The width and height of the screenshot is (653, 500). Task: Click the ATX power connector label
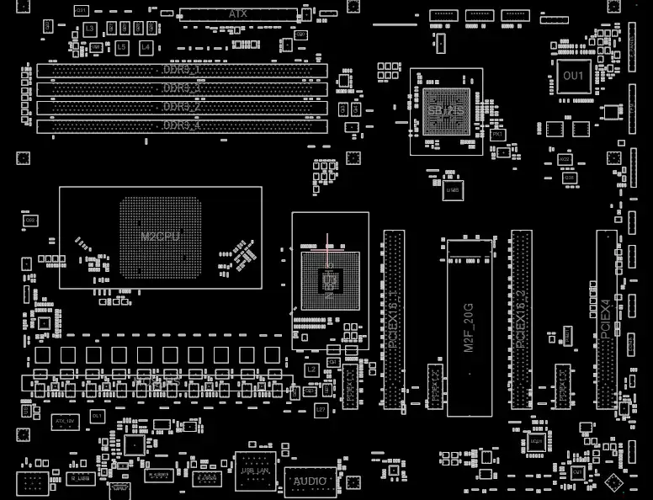238,14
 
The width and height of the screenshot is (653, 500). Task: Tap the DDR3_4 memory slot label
181,125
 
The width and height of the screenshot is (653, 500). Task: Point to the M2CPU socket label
160,237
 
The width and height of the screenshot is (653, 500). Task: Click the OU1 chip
572,76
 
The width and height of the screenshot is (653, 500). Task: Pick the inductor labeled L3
90,29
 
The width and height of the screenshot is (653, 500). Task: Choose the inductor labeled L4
146,47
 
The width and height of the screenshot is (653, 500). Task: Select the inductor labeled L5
121,47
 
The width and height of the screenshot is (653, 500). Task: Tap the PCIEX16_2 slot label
522,320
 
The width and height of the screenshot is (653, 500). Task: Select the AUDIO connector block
310,481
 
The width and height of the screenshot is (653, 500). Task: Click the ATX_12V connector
65,419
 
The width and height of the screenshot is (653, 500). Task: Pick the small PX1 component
497,135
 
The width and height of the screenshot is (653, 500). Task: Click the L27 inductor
321,410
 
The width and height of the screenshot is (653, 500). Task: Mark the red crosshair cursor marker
326,248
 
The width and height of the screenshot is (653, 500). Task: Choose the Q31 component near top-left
81,10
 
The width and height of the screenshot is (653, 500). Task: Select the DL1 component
98,417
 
